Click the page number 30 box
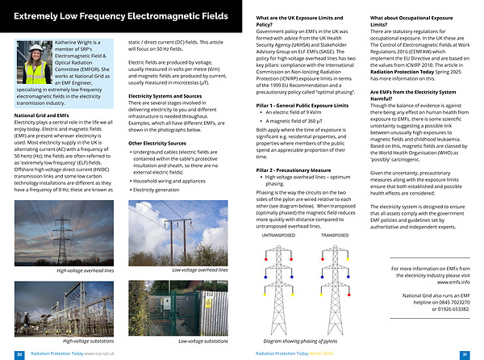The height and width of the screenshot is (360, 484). coord(19,354)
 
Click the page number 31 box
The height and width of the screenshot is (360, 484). coord(465,354)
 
